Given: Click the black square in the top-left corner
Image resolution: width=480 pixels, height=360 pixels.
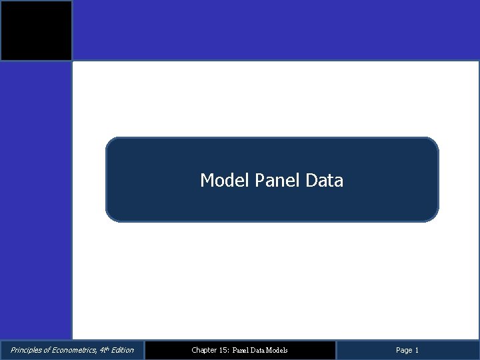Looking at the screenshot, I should pos(36,31).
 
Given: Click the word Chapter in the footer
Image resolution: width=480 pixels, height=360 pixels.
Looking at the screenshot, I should pos(203,350).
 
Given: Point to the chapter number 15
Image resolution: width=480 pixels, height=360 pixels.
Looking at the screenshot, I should pos(223,350).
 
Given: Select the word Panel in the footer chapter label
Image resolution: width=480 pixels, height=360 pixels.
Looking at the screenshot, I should pos(239,350).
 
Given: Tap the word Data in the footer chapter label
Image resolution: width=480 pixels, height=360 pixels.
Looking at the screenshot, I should pos(258,350).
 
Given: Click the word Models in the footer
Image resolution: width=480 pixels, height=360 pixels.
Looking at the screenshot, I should pos(277,350).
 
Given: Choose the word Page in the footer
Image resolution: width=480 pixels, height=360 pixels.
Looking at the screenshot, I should pos(404,350).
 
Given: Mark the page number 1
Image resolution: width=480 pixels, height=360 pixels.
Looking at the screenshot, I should pos(417,350).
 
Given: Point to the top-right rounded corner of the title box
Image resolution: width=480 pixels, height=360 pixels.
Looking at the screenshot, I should pos(434,142).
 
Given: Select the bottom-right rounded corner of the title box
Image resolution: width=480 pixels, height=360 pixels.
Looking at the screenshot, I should pos(434,217).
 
